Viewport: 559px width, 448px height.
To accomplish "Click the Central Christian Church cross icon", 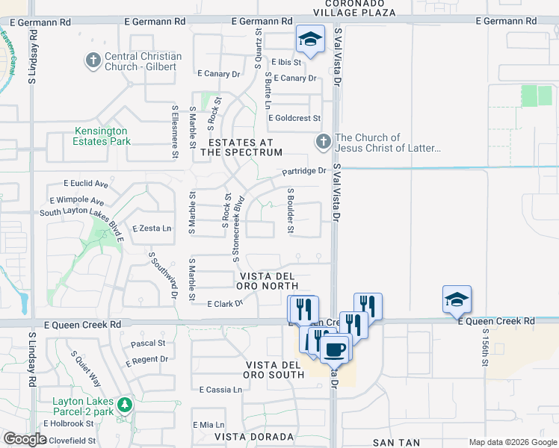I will (x=93, y=60).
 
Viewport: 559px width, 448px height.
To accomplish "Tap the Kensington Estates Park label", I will (x=101, y=136).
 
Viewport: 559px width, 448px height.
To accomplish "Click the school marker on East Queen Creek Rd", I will (x=457, y=299).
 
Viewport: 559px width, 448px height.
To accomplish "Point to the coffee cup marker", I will (x=336, y=349).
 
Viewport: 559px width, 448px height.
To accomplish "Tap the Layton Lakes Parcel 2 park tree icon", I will (x=125, y=405).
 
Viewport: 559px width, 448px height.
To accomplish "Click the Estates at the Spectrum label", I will (x=245, y=147).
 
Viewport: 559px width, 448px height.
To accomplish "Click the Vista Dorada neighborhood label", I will (x=253, y=436).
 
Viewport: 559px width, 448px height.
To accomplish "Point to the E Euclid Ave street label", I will (x=86, y=184).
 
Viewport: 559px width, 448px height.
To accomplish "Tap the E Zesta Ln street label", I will (x=152, y=228).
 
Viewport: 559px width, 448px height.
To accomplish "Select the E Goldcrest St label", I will (x=294, y=118).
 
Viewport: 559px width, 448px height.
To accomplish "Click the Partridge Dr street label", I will (x=304, y=171).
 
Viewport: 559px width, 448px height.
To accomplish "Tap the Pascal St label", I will (x=148, y=343).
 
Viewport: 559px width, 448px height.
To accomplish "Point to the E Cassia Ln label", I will (x=220, y=390).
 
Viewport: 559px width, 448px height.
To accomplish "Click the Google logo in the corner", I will (x=25, y=439).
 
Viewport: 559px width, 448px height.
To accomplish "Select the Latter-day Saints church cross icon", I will (x=323, y=140).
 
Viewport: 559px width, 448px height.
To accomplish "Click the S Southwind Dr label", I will (x=162, y=275).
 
